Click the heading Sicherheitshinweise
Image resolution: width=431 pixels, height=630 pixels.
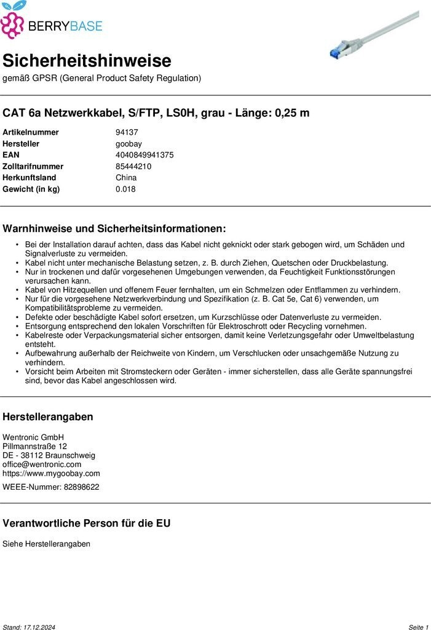tap(87, 61)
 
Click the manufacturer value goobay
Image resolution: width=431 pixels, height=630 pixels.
tap(129, 144)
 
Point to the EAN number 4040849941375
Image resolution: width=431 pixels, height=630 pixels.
tap(144, 155)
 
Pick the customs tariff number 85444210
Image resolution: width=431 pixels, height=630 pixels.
tap(133, 166)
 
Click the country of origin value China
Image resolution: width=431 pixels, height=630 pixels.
tap(126, 178)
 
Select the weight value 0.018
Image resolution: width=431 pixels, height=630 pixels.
tap(125, 189)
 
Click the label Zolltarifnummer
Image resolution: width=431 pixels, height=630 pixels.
tap(33, 166)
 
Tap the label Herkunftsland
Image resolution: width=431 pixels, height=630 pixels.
tap(30, 178)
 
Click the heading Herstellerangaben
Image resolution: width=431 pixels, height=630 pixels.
tap(48, 417)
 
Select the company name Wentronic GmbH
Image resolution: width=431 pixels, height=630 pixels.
tap(33, 437)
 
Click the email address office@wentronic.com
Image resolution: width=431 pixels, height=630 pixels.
tap(42, 465)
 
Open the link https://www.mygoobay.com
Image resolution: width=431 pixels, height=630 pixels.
tap(51, 473)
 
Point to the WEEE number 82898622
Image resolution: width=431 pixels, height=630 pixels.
tap(81, 487)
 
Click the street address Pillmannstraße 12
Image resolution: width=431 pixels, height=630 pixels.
tap(35, 446)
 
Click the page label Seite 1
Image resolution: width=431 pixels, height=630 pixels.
tap(418, 627)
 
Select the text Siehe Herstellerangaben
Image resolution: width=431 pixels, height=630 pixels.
tap(46, 544)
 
